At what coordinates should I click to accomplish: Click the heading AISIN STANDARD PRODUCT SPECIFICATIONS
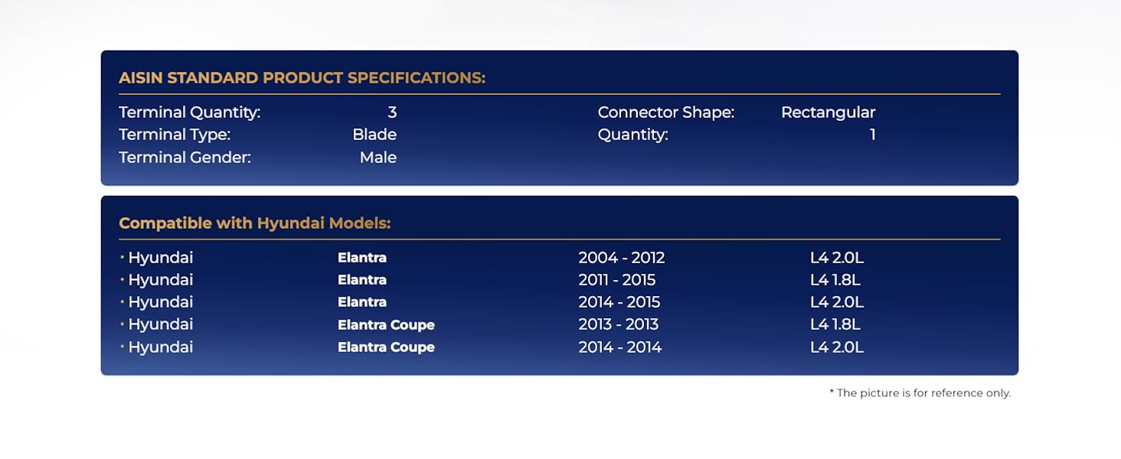click(x=302, y=78)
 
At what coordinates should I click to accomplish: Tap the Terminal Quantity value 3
click(x=392, y=112)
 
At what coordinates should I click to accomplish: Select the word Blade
click(x=374, y=135)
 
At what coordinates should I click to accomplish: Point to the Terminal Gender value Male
click(x=377, y=158)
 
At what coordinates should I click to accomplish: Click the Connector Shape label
click(x=666, y=112)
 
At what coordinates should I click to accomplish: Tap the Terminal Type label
click(x=175, y=135)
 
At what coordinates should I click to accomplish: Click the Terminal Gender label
click(x=185, y=158)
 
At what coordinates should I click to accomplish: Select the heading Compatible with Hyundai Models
click(x=255, y=223)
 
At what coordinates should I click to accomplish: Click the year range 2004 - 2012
click(x=622, y=258)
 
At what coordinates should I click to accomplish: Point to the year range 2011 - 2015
click(x=617, y=280)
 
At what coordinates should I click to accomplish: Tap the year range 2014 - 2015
click(x=619, y=302)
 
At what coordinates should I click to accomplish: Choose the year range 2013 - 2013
click(x=619, y=324)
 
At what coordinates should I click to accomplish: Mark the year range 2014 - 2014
click(x=620, y=347)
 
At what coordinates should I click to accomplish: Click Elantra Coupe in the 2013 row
click(x=386, y=325)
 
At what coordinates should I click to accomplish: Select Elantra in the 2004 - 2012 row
click(x=362, y=258)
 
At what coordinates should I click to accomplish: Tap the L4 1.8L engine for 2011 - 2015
click(x=835, y=280)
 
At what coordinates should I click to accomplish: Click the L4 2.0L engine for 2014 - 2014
click(x=837, y=347)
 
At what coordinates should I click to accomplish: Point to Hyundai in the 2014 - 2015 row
click(x=160, y=302)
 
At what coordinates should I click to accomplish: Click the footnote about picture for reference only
click(x=920, y=393)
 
